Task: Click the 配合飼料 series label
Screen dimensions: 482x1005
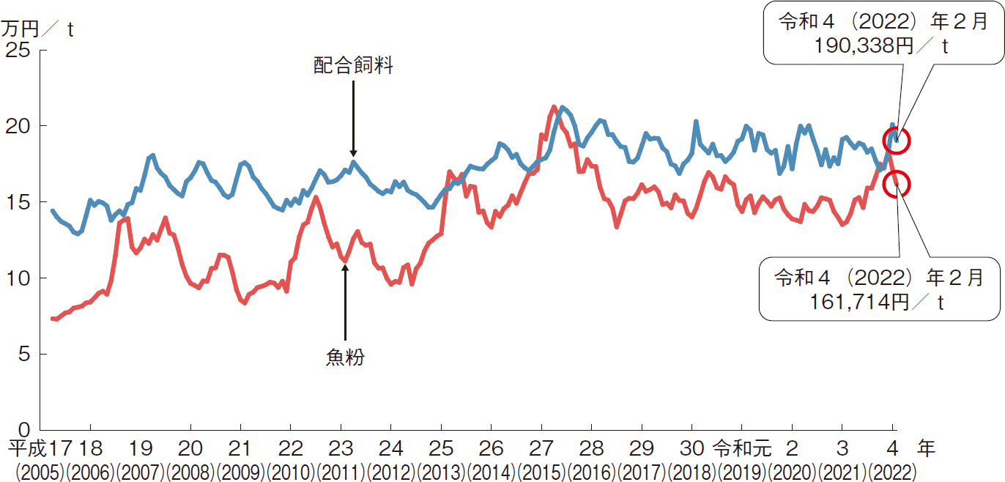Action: [x=354, y=67]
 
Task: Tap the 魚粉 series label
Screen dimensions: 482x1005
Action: [x=345, y=357]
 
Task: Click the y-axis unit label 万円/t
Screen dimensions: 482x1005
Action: [x=37, y=29]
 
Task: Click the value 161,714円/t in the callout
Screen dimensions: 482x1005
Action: [x=880, y=302]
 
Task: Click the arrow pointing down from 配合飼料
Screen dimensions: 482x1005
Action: [x=353, y=117]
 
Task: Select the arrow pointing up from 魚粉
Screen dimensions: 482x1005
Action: [x=345, y=300]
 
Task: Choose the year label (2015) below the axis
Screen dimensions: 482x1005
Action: [x=542, y=470]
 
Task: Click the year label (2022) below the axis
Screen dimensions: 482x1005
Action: [x=892, y=470]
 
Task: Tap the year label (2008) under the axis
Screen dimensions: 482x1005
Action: [x=191, y=470]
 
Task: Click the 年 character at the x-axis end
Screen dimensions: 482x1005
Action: [x=926, y=448]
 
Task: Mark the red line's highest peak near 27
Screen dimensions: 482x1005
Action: [x=554, y=107]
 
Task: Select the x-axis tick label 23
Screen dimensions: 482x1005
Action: [x=341, y=448]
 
